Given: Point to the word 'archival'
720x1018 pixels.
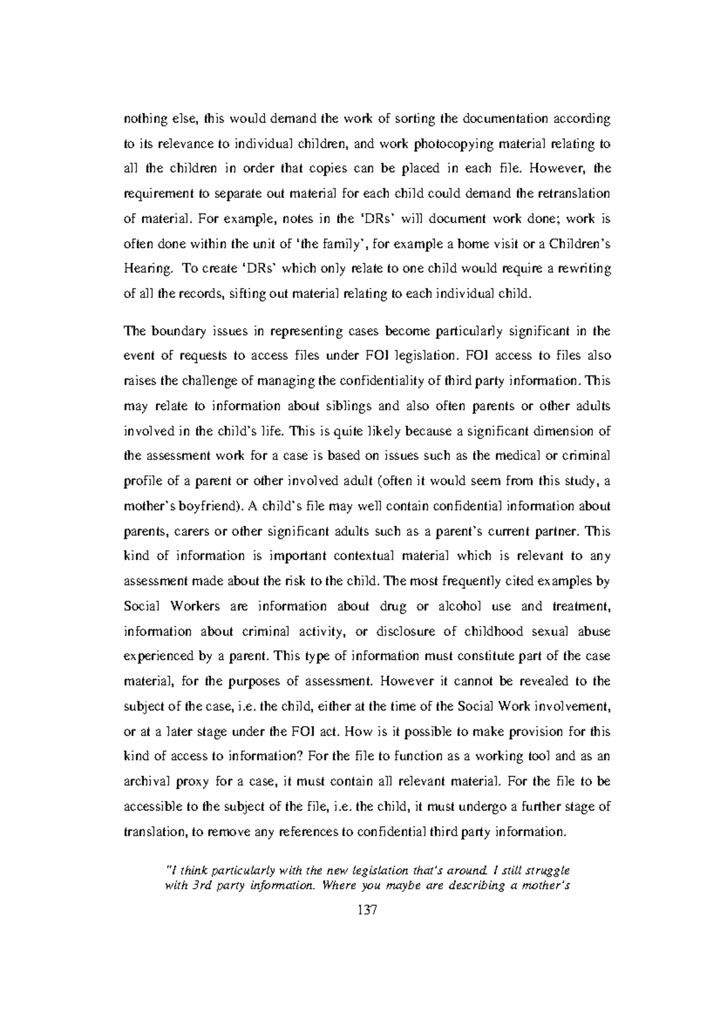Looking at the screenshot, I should point(144,782).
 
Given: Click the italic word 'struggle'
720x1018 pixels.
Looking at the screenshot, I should point(547,869).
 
